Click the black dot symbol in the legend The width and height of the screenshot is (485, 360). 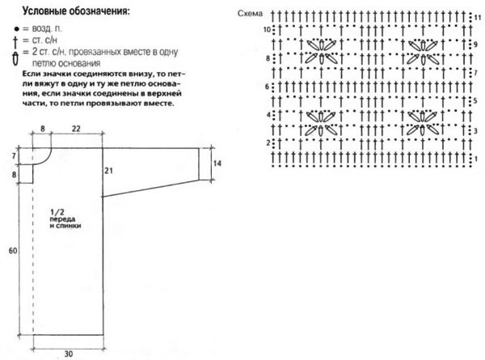(x=15, y=28)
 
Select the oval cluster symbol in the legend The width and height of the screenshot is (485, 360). (x=15, y=56)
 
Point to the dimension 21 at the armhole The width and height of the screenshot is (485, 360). (x=107, y=169)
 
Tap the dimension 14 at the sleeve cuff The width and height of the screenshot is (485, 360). (x=217, y=163)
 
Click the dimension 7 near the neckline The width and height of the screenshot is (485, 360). (x=14, y=155)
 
